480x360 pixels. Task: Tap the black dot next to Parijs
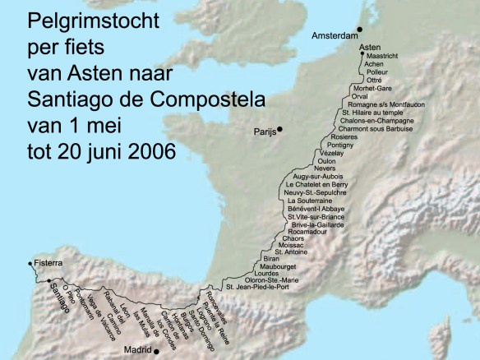click(x=280, y=129)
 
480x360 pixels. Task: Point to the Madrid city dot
click(x=157, y=350)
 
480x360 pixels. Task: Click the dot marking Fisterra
click(x=30, y=264)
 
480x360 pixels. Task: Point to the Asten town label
click(x=370, y=48)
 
